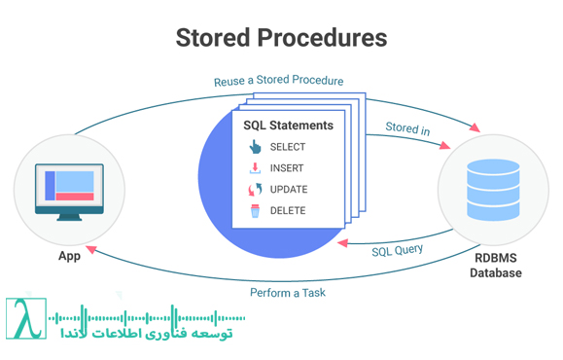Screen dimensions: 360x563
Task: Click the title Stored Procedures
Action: pyautogui.click(x=281, y=37)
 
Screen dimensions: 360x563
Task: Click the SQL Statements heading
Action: pyautogui.click(x=288, y=126)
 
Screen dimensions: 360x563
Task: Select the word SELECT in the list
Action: pyautogui.click(x=288, y=147)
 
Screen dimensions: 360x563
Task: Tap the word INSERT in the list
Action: pyautogui.click(x=287, y=168)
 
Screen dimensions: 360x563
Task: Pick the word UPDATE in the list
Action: pyautogui.click(x=288, y=190)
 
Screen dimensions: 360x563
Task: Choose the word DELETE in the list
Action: pyautogui.click(x=288, y=210)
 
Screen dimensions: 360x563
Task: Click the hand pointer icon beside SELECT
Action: pyautogui.click(x=255, y=147)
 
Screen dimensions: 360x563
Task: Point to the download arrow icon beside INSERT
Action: pyautogui.click(x=255, y=168)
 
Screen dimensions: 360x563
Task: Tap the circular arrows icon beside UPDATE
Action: pyautogui.click(x=255, y=190)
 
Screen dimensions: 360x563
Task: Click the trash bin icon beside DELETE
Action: pyautogui.click(x=255, y=210)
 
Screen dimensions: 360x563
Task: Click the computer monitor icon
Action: pyautogui.click(x=66, y=189)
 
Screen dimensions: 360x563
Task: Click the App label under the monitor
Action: pyautogui.click(x=67, y=258)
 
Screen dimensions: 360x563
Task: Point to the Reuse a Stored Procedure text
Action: pyautogui.click(x=278, y=81)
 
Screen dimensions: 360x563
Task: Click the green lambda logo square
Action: pyautogui.click(x=26, y=318)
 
